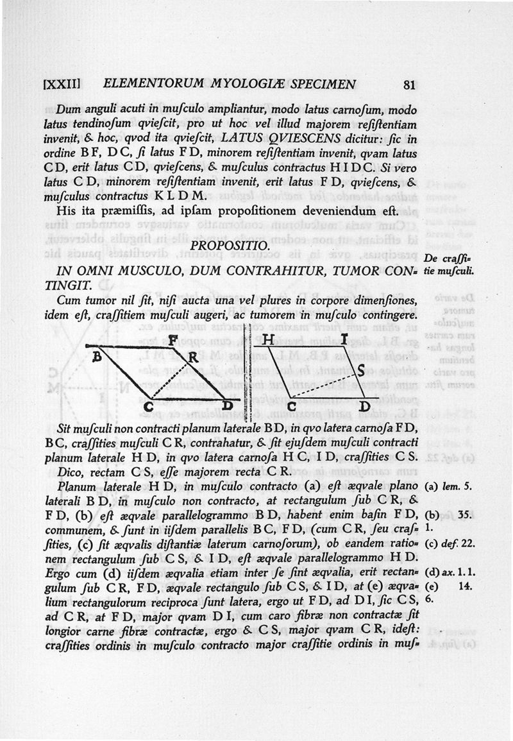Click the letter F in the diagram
pyautogui.click(x=172, y=340)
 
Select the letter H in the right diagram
pyautogui.click(x=269, y=340)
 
